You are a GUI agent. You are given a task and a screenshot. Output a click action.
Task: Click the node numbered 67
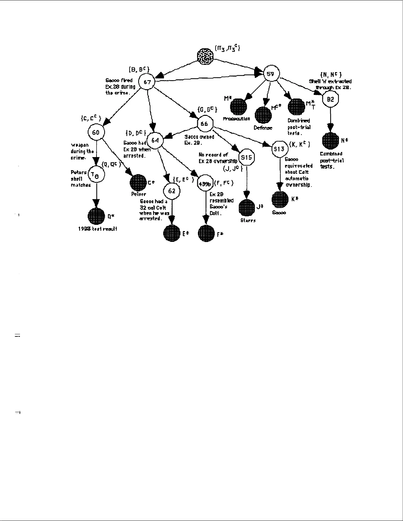[x=147, y=82]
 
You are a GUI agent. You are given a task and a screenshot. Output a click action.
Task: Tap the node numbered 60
[x=96, y=132]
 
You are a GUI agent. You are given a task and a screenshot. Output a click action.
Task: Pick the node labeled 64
[x=155, y=140]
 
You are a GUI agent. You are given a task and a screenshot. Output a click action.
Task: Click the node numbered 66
[x=204, y=124]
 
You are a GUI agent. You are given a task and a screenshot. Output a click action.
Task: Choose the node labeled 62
[x=172, y=191]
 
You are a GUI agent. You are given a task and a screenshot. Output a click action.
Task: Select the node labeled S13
[x=279, y=149]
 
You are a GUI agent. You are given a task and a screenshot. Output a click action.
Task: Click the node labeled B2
[x=330, y=99]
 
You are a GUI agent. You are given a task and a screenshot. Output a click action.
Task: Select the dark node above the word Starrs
[x=247, y=207]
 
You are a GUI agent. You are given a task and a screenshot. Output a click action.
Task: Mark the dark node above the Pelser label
[x=138, y=182]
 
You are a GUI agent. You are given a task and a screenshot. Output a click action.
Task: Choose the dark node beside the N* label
[x=330, y=141]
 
